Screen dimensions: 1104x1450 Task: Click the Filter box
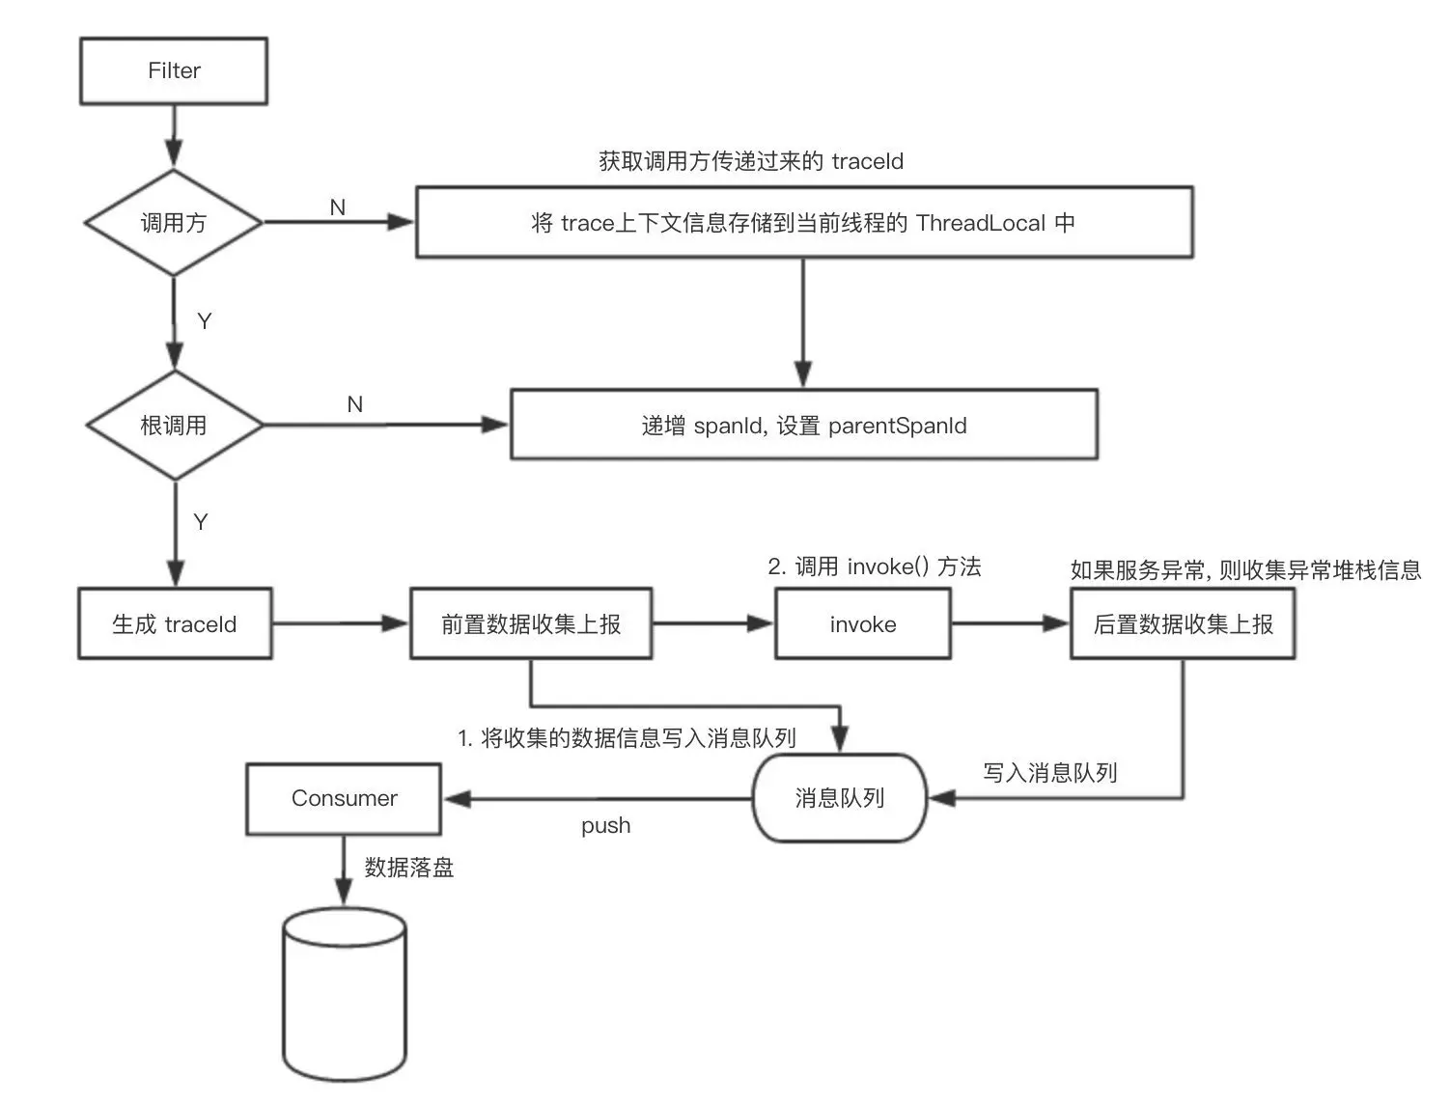point(174,70)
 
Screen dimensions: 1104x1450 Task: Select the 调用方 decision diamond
point(174,223)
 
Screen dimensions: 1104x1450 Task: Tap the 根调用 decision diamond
point(174,426)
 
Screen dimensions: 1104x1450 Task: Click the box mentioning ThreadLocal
point(804,223)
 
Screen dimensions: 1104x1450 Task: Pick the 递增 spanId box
point(803,426)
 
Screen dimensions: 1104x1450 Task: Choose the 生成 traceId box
point(175,624)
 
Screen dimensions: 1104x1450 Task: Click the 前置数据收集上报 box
point(531,624)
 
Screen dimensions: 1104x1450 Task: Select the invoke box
point(862,624)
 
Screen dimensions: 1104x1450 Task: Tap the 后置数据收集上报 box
point(1183,624)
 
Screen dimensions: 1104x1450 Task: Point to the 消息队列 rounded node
point(839,798)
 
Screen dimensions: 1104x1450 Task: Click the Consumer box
point(344,798)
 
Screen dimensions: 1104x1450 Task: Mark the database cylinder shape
point(345,994)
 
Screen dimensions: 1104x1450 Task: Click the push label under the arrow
point(605,826)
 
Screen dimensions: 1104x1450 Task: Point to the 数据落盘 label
point(409,868)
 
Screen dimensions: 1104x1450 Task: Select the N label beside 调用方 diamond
point(338,207)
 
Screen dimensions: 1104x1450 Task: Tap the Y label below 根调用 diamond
point(201,522)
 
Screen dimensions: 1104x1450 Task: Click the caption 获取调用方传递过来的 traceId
point(751,161)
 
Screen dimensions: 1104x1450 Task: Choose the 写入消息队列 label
point(1050,773)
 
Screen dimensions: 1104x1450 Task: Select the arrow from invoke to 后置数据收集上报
point(1010,624)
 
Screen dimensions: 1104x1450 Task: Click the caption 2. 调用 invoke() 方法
point(875,566)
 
